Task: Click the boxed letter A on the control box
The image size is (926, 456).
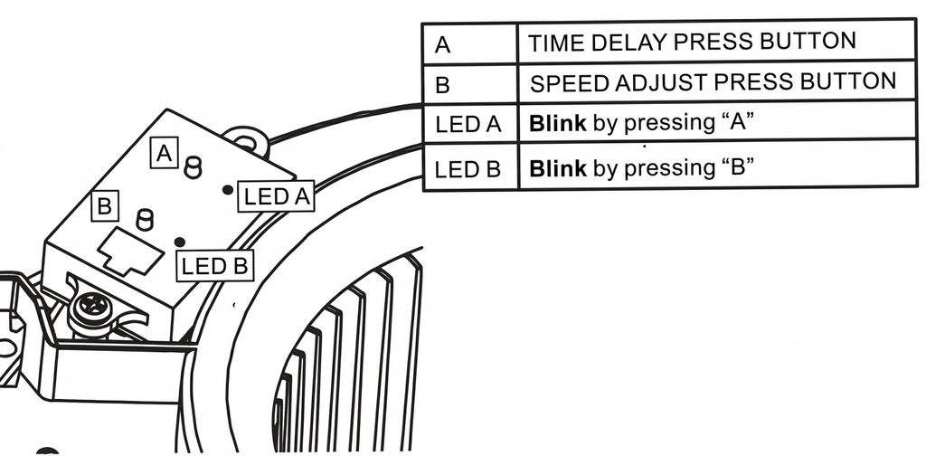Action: [x=164, y=153]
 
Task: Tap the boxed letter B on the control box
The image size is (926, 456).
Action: [x=105, y=205]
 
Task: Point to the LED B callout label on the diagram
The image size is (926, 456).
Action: [x=215, y=265]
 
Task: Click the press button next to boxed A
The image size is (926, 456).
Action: [x=193, y=166]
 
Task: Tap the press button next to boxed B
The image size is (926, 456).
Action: [x=144, y=219]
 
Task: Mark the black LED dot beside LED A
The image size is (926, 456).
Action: [x=227, y=190]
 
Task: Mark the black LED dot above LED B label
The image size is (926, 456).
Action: [x=181, y=242]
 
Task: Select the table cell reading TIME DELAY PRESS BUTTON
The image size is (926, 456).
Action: [x=692, y=42]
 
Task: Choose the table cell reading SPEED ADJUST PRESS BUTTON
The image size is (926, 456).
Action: [x=713, y=83]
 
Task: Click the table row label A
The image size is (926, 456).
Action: [x=442, y=43]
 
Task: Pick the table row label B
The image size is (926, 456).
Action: [x=442, y=85]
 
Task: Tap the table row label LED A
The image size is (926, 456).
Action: [x=468, y=125]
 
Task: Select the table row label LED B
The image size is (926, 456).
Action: [x=468, y=168]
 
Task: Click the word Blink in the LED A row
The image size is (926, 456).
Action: [x=557, y=123]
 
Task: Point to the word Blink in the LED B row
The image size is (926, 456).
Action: [x=557, y=167]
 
